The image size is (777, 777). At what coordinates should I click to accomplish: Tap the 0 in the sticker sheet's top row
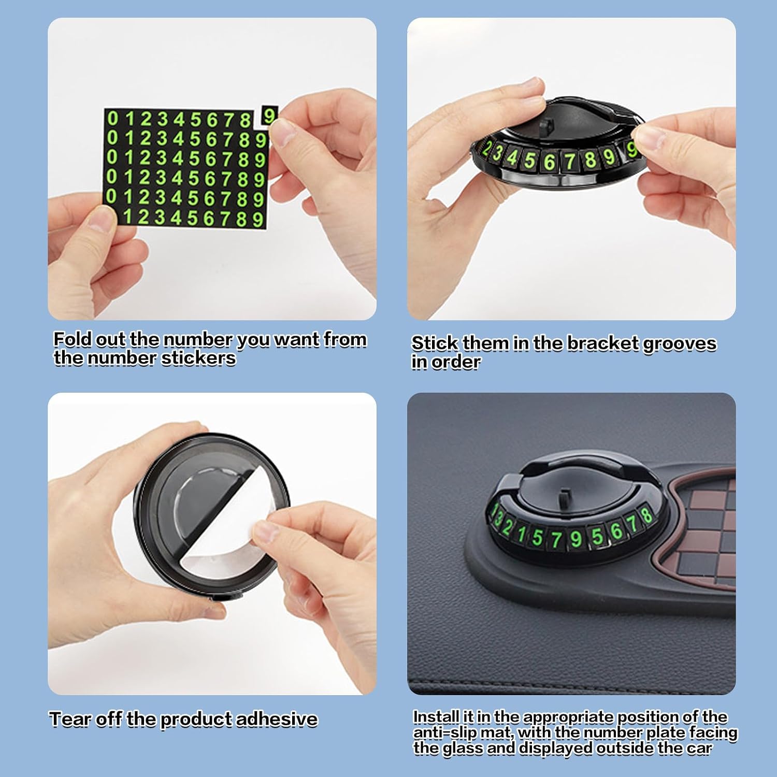112,119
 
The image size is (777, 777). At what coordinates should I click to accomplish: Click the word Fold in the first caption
72,339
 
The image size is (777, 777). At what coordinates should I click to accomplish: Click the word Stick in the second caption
435,343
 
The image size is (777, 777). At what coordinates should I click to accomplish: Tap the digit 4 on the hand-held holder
512,157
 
